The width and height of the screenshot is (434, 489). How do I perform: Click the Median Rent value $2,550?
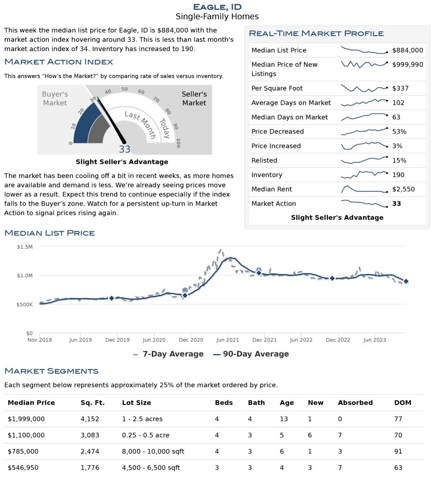404,189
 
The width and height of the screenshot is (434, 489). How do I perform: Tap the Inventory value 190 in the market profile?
398,175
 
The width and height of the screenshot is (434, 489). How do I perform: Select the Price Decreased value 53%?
399,132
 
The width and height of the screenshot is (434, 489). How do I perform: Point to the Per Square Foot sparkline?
364,89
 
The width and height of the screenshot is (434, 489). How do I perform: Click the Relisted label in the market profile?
264,160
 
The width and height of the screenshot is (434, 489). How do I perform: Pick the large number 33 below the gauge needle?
125,150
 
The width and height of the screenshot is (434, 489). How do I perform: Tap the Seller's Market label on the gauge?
194,99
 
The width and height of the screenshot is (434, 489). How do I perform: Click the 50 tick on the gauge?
125,89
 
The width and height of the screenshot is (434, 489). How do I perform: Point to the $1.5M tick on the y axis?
25,247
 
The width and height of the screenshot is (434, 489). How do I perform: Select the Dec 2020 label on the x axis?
191,340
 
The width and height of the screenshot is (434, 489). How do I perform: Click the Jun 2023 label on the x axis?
375,340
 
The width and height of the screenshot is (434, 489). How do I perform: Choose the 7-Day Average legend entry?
168,354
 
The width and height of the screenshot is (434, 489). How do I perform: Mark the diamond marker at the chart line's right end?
406,282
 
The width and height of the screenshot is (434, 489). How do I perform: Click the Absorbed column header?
355,403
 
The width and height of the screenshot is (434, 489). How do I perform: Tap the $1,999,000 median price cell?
26,419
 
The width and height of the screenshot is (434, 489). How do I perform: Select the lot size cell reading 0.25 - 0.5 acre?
146,435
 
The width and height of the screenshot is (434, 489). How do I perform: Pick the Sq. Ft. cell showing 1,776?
90,468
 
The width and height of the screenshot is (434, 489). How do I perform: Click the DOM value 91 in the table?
398,451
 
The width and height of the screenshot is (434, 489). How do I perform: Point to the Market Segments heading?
51,371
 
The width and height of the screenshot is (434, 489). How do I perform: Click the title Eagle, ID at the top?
217,7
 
